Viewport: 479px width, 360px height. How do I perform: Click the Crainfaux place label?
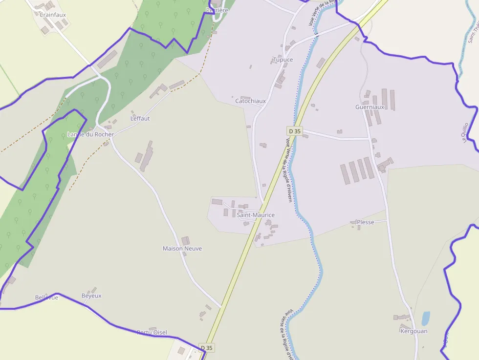click(52, 15)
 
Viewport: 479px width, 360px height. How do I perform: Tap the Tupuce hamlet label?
click(283, 60)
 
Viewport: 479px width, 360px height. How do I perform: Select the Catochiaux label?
click(250, 102)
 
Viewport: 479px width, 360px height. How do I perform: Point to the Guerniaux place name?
click(370, 107)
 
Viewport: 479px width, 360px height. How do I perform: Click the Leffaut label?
click(140, 119)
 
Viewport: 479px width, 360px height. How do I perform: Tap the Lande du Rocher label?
click(90, 134)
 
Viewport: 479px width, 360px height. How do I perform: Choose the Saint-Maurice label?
click(256, 215)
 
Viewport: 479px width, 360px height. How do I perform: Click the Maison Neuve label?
click(182, 249)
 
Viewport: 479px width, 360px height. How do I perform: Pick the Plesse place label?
click(365, 222)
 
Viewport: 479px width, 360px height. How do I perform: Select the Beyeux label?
click(91, 296)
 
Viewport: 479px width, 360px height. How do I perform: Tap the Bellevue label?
click(46, 297)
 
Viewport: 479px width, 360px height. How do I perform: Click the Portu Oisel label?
click(152, 333)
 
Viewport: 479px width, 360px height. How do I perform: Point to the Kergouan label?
click(414, 331)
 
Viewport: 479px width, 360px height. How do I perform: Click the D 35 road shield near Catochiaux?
click(295, 131)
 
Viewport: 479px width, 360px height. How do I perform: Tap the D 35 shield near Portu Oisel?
click(207, 348)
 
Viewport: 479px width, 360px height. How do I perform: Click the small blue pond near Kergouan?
click(426, 318)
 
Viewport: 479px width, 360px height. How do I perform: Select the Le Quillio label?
click(465, 132)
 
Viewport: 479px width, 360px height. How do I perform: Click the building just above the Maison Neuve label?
click(185, 240)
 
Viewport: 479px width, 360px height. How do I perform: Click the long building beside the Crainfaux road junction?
click(107, 59)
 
